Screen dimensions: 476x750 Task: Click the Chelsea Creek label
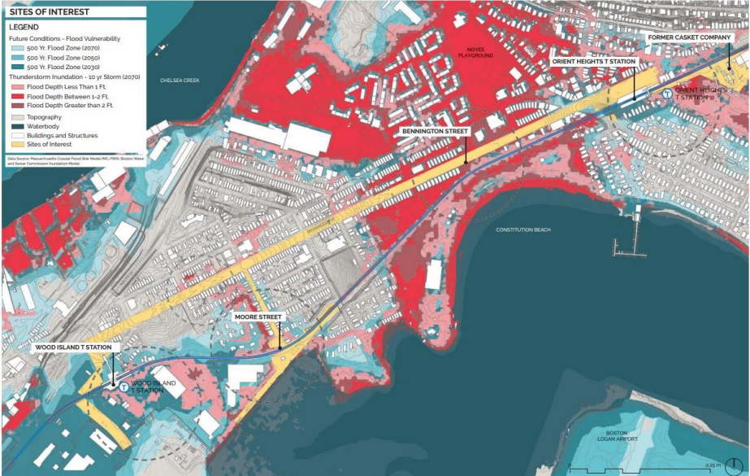(180, 81)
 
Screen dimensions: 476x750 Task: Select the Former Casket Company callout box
(691, 37)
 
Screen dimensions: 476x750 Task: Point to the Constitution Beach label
(523, 229)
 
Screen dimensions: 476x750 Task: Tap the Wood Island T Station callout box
(77, 347)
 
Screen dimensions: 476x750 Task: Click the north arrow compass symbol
(736, 465)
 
